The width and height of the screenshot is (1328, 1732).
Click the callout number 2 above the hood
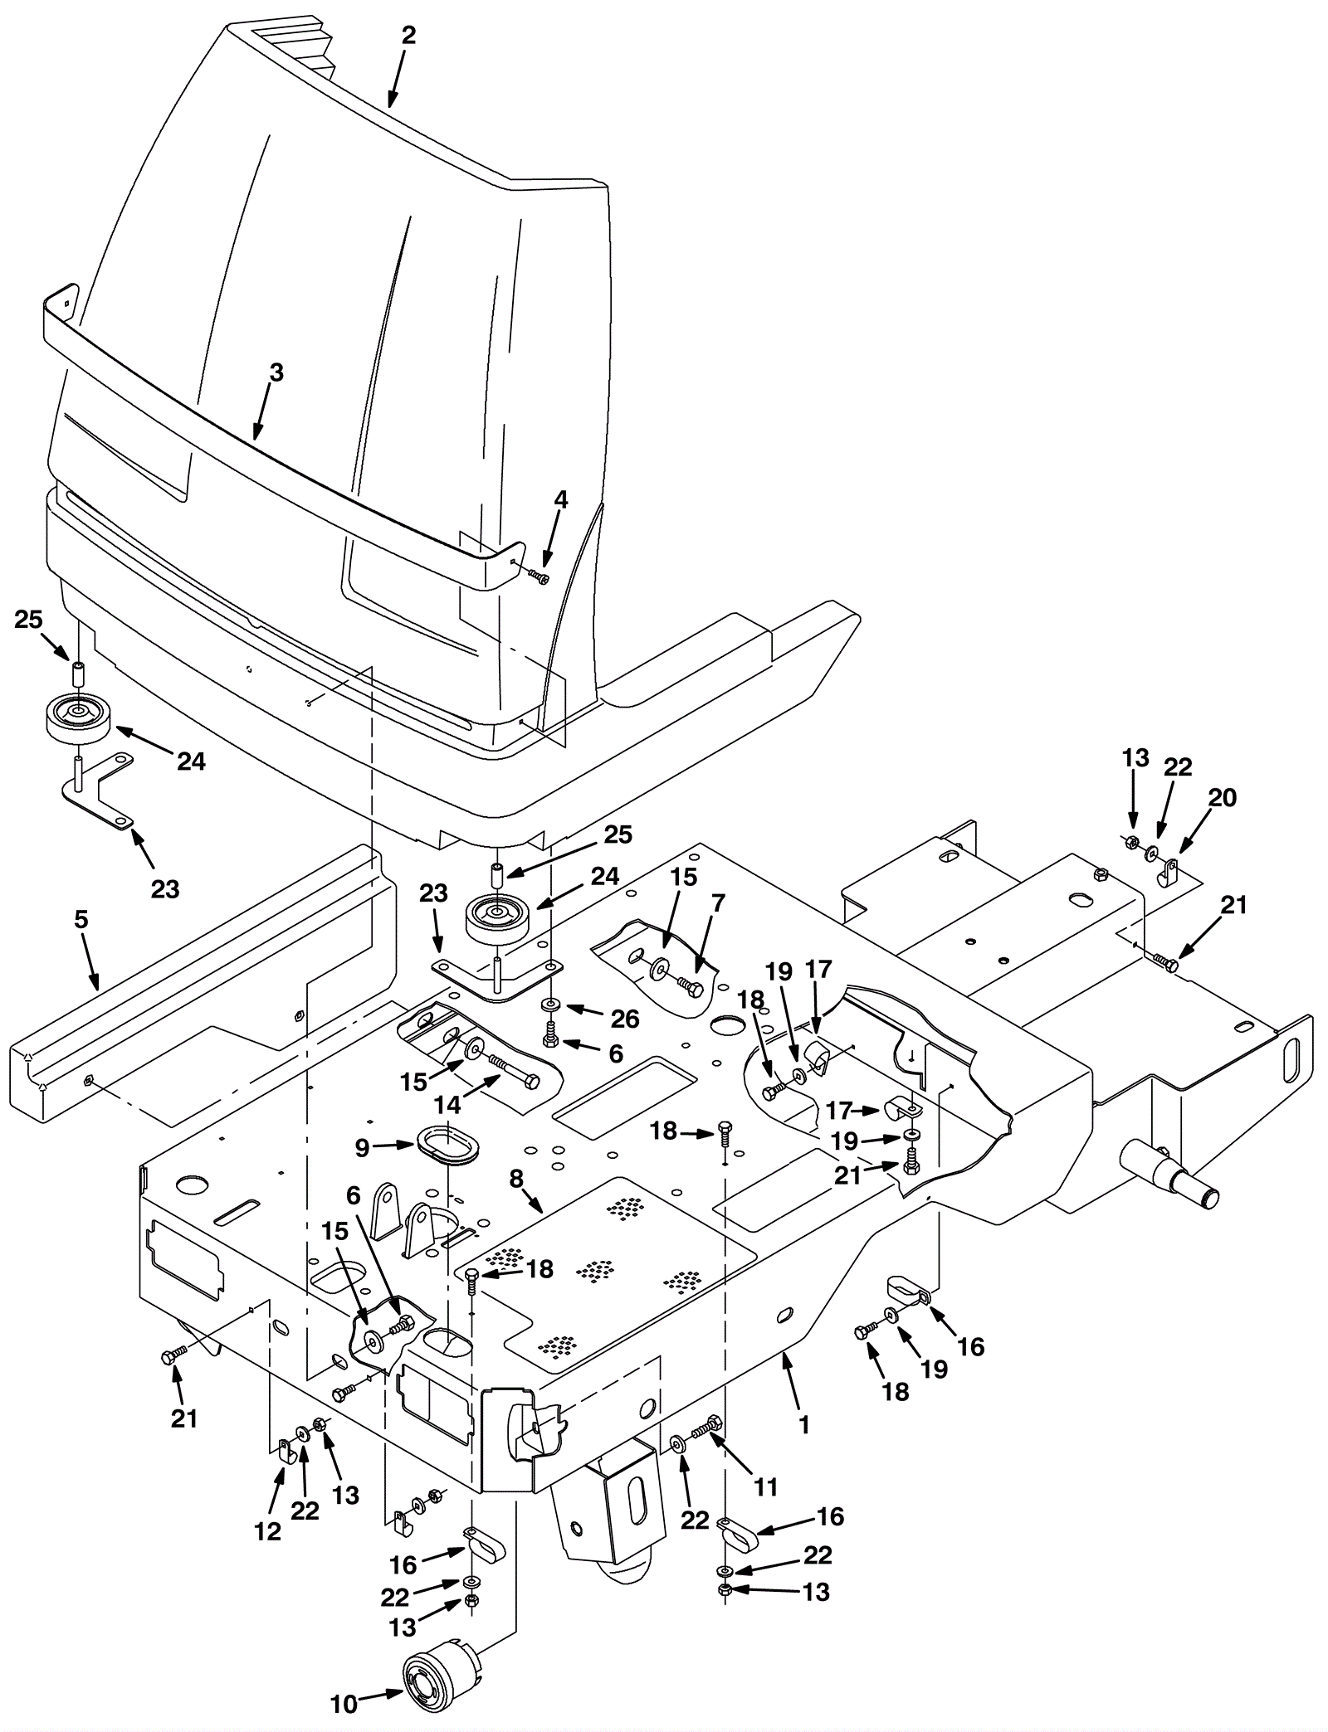pyautogui.click(x=408, y=36)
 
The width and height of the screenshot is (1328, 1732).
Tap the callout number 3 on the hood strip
pyautogui.click(x=277, y=373)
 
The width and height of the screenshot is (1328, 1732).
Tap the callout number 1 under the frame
pyautogui.click(x=803, y=1424)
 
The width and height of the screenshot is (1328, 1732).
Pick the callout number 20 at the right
pyautogui.click(x=1222, y=798)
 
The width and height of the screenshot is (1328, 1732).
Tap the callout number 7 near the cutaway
pyautogui.click(x=718, y=903)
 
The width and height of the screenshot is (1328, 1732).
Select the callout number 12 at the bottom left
pyautogui.click(x=268, y=1532)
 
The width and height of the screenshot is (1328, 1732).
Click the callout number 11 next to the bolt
pyautogui.click(x=766, y=1487)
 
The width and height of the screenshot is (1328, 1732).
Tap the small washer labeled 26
pyautogui.click(x=549, y=1005)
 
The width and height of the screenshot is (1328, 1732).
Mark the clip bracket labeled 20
pyautogui.click(x=1169, y=872)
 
